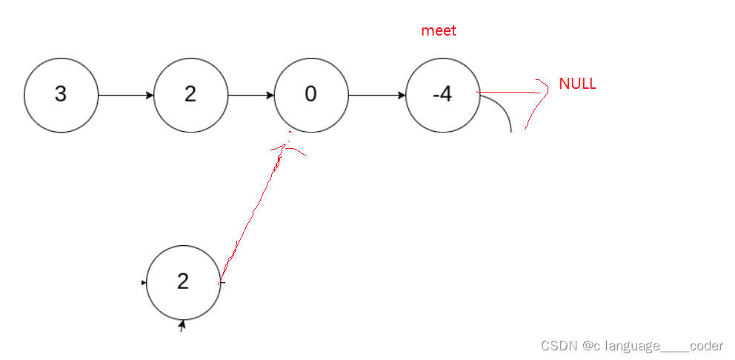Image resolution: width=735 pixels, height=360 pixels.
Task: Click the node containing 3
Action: click(61, 96)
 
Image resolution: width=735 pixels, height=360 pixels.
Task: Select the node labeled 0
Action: click(311, 96)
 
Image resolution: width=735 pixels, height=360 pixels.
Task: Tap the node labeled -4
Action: click(442, 96)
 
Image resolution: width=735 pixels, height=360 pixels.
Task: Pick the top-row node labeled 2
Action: click(190, 96)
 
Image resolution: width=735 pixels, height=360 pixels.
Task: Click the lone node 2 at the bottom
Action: click(183, 282)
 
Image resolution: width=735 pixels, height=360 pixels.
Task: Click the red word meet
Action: click(439, 31)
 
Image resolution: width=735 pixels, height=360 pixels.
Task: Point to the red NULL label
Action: click(577, 84)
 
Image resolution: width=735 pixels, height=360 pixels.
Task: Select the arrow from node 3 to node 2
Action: click(126, 96)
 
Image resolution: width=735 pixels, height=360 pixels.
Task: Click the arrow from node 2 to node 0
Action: click(251, 96)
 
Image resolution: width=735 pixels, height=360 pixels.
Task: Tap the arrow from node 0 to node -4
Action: click(377, 96)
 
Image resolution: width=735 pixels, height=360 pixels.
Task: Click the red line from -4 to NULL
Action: click(511, 93)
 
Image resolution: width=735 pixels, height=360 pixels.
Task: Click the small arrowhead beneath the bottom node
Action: click(182, 324)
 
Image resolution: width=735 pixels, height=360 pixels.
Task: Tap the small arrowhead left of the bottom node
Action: click(144, 282)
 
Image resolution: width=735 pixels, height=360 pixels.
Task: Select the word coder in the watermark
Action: click(706, 345)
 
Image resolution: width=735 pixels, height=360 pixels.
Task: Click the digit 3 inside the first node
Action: click(61, 96)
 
